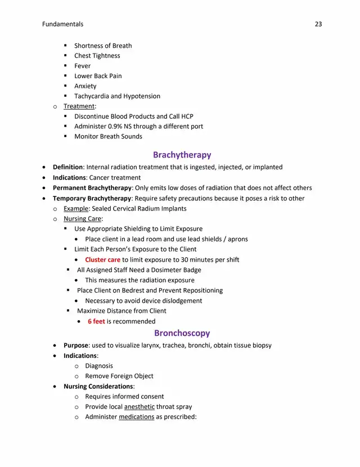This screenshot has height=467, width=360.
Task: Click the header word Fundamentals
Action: pos(62,24)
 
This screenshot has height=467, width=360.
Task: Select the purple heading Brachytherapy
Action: pos(182,155)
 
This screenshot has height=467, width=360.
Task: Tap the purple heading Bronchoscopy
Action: pos(182,333)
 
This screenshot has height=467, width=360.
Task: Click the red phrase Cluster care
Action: pos(102,260)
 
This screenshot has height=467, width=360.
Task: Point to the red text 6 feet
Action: pos(96,321)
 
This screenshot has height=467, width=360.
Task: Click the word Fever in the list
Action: pos(82,66)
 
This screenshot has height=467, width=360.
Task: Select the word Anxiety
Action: pos(85,86)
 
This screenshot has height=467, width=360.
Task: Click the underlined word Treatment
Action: pos(79,106)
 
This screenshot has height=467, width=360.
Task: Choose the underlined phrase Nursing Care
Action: pos(82,219)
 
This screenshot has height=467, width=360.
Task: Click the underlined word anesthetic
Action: pos(139,407)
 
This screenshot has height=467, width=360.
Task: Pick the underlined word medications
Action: pos(136,417)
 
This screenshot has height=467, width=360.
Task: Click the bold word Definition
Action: pos(67,167)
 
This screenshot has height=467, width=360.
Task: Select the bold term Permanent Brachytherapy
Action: pos(92,188)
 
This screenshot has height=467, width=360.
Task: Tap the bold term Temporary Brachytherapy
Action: pos(91,199)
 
